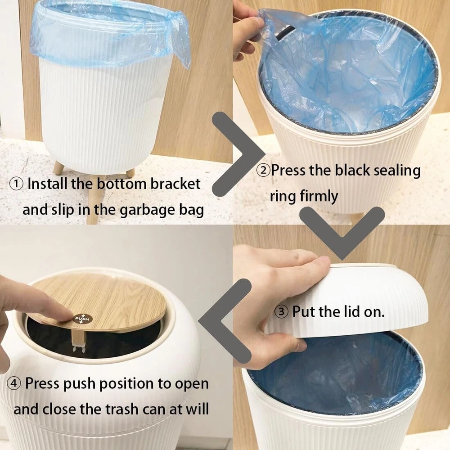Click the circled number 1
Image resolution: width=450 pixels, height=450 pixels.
point(16,184)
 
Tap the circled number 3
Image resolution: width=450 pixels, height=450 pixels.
point(282,312)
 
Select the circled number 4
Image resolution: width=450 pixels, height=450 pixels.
point(14,383)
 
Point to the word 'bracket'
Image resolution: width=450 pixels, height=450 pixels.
point(175,184)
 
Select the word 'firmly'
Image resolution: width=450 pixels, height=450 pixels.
point(319,197)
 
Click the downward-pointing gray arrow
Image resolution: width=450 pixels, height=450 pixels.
point(342,233)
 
